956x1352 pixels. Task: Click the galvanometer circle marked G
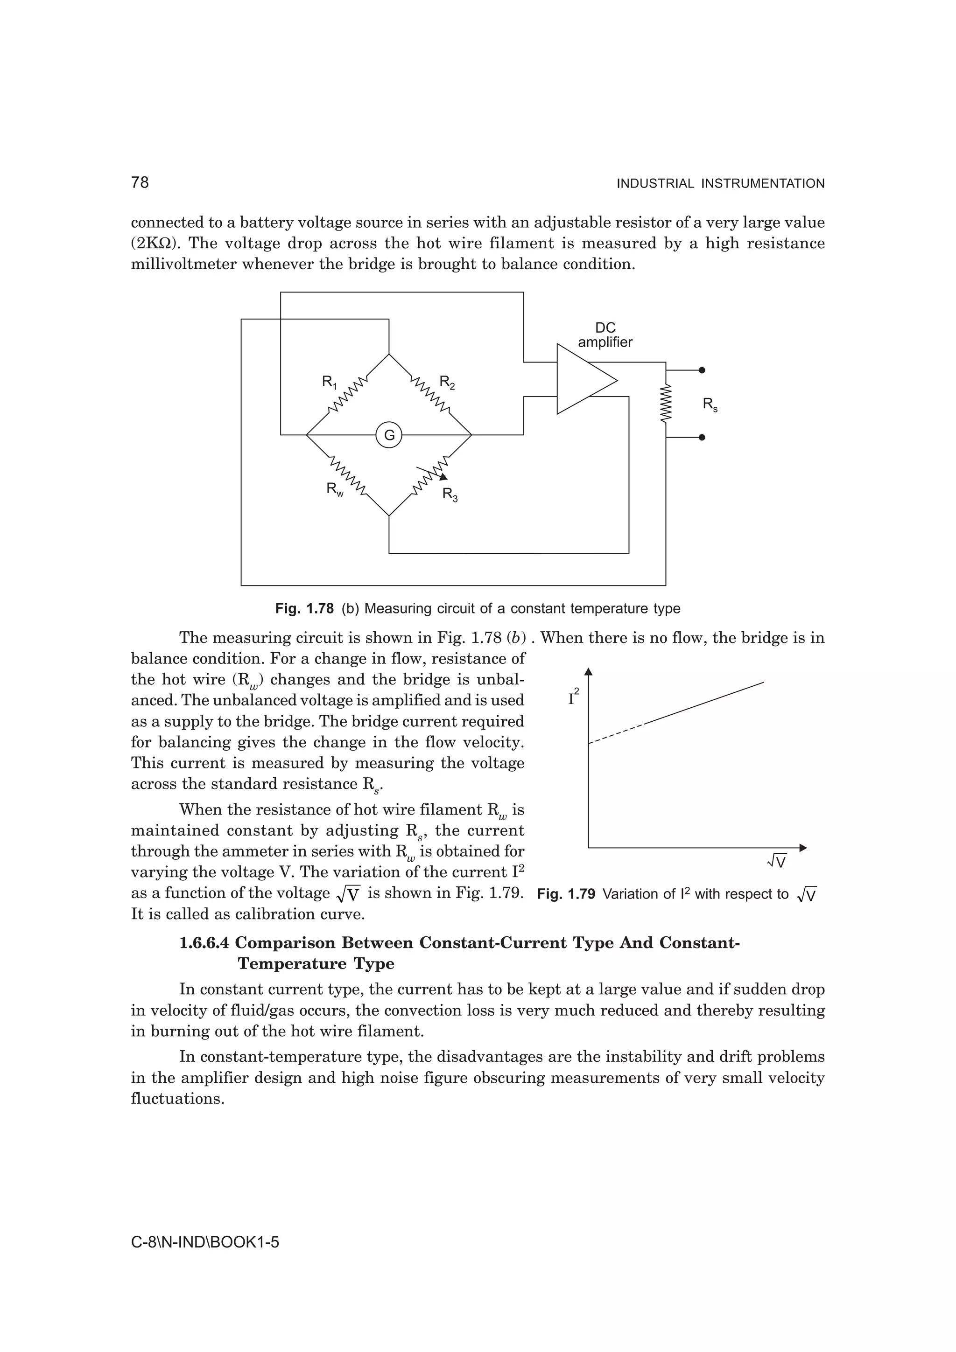(389, 436)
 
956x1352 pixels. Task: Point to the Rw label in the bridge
(335, 489)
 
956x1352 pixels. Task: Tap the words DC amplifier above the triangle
(605, 335)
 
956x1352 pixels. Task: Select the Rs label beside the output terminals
(710, 404)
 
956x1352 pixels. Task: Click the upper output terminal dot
(702, 370)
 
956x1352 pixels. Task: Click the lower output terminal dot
(702, 438)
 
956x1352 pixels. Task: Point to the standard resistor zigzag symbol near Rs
(666, 404)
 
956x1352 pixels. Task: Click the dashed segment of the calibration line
(616, 733)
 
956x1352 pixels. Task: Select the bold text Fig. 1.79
(566, 894)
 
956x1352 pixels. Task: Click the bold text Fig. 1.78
(304, 608)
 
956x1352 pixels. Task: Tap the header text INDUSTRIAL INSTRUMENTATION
(720, 184)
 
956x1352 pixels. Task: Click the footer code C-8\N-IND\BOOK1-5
(204, 1242)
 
